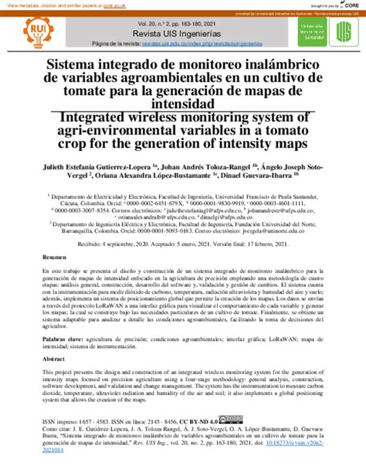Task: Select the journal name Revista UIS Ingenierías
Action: coord(183,35)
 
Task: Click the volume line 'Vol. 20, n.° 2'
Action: coord(183,24)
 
